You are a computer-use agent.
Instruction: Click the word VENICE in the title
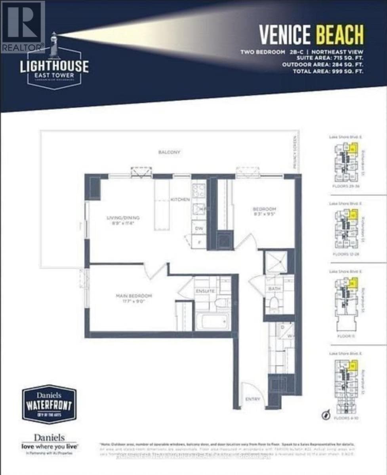285,34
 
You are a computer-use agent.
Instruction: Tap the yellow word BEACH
339,34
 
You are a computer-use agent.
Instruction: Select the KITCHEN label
180,199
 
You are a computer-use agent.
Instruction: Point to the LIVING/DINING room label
123,218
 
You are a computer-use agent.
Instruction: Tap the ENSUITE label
205,291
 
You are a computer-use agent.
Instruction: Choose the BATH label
275,289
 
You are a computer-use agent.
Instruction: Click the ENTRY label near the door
253,399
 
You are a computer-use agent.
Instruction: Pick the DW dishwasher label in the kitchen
199,228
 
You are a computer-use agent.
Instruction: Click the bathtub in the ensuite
213,321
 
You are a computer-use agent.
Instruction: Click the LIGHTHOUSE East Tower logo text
55,66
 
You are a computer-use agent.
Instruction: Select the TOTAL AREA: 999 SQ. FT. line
328,72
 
